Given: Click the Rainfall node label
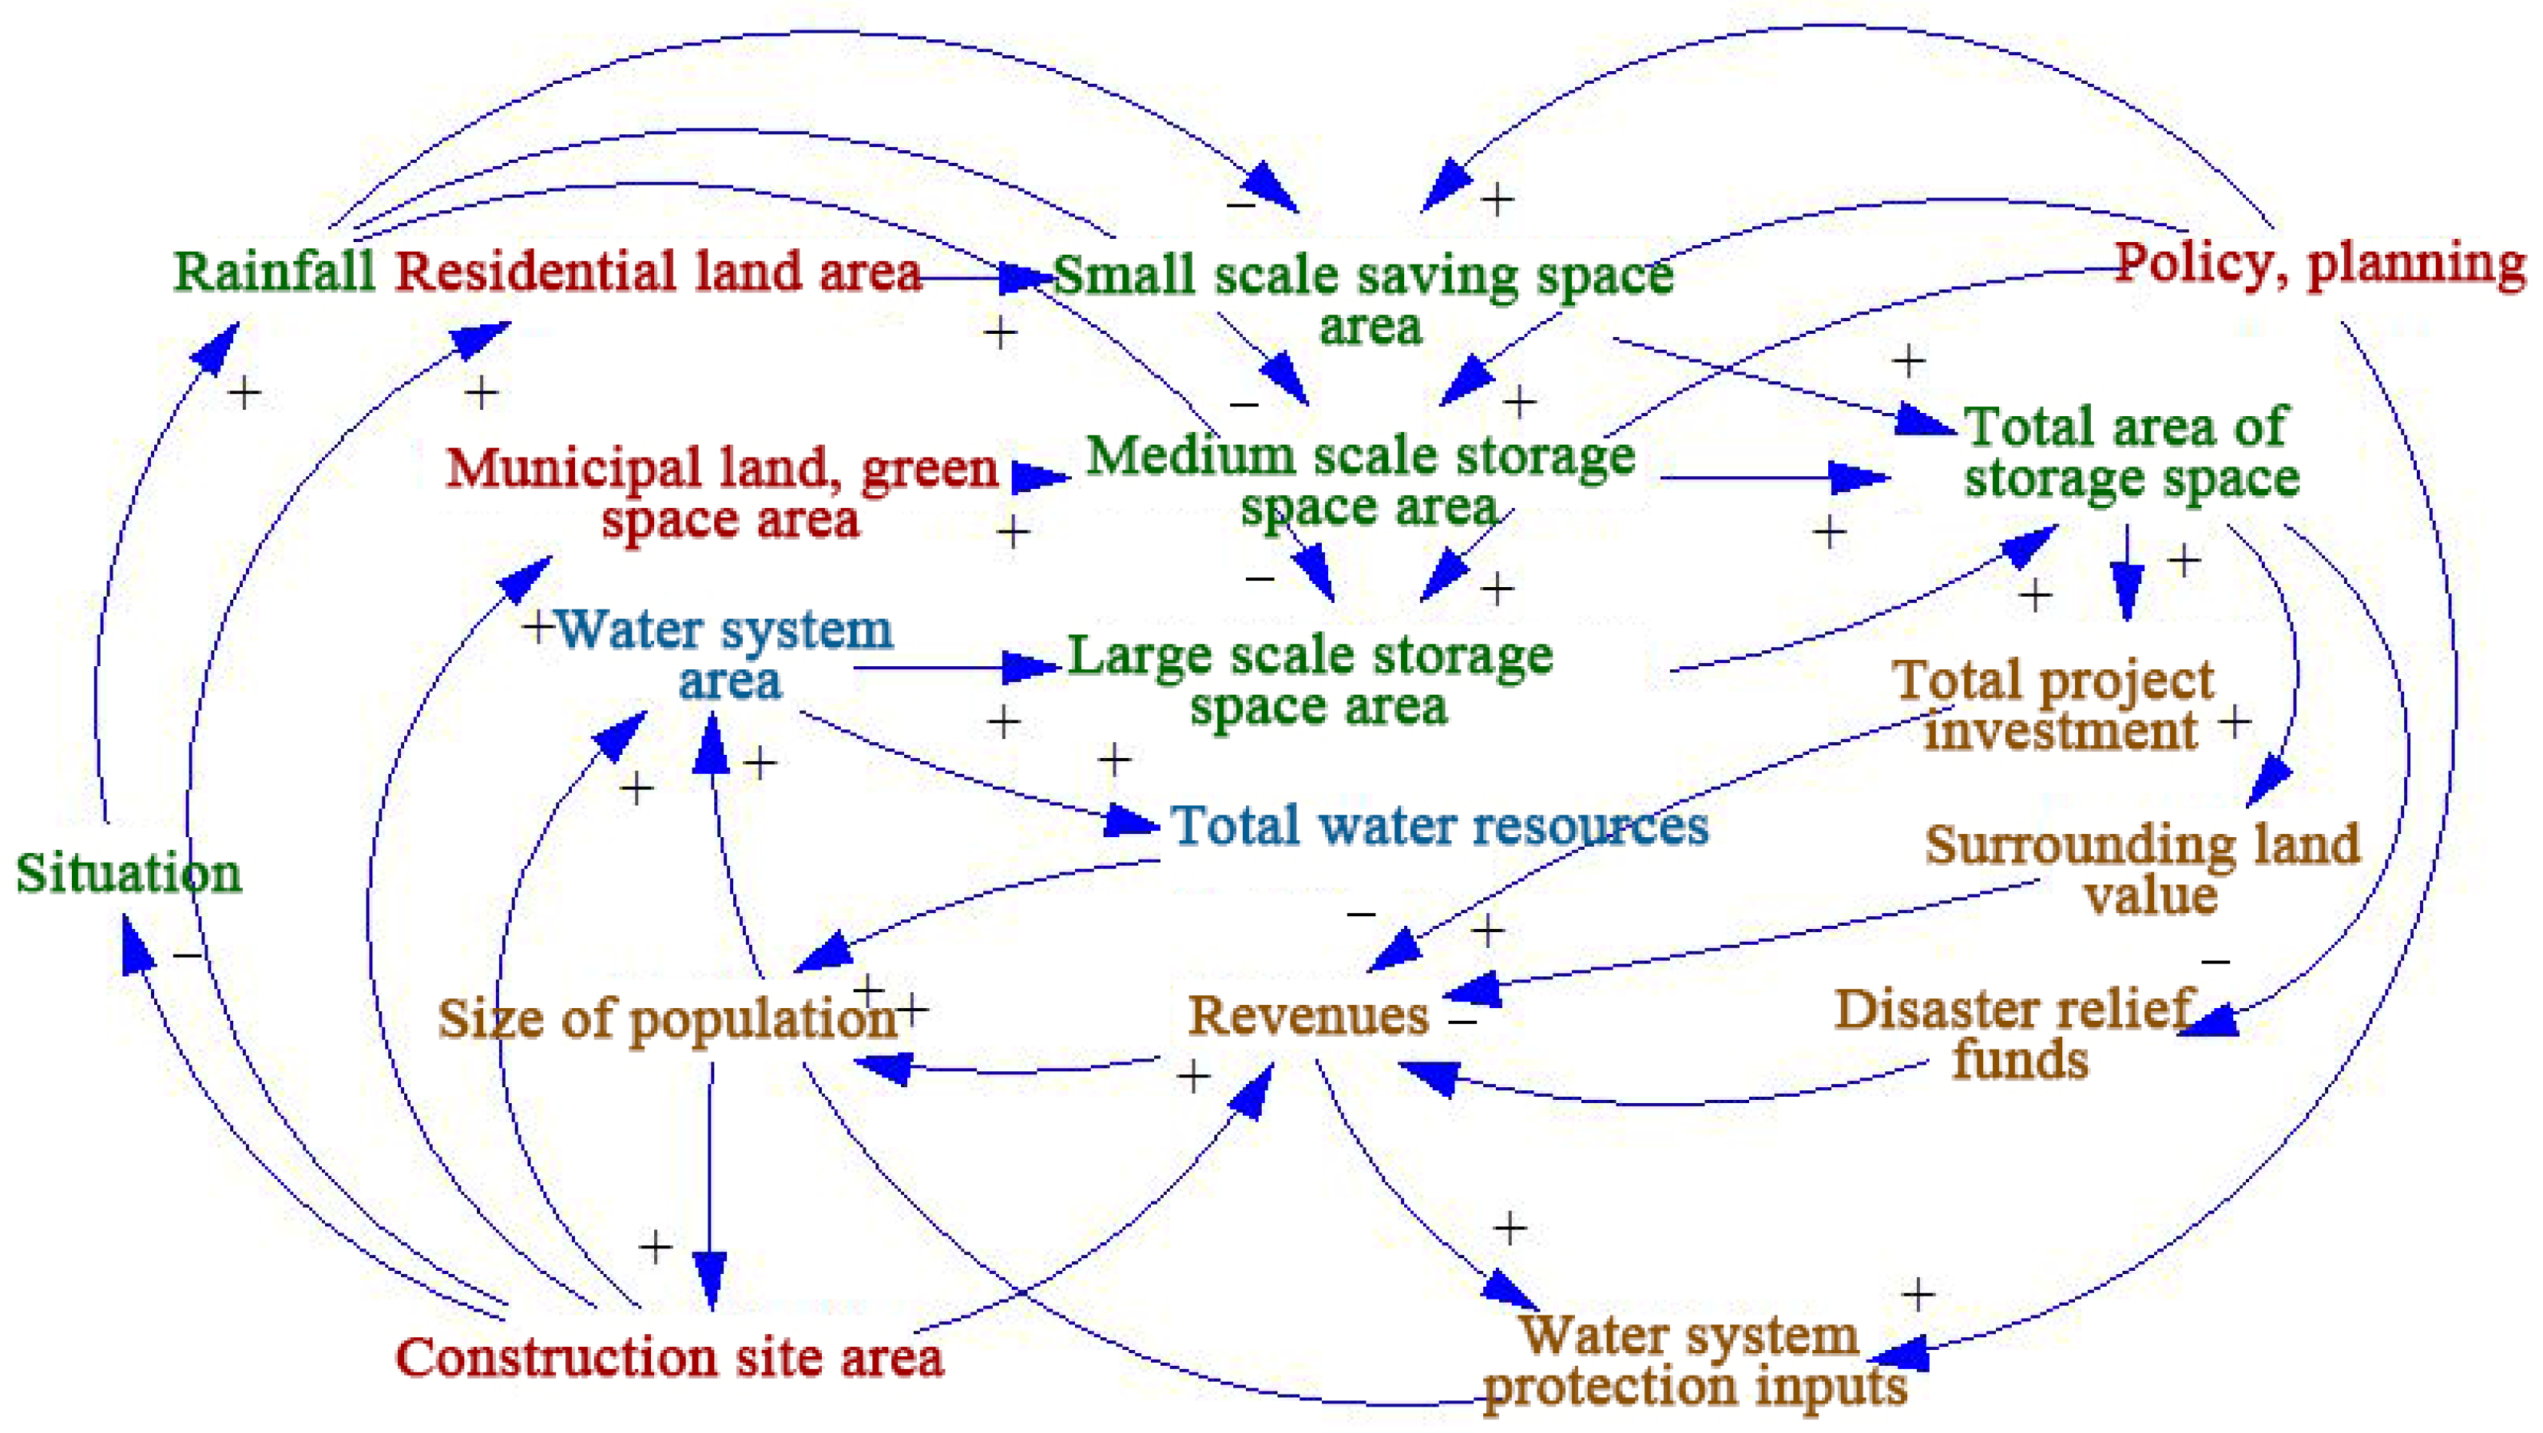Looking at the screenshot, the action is [275, 271].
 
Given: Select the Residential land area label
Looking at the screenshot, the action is [658, 271].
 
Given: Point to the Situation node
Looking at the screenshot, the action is [129, 873].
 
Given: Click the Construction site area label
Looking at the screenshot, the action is [669, 1357].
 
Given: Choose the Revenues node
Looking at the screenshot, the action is [1308, 1014].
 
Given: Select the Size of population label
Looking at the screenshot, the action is [668, 1018].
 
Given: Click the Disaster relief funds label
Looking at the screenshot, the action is [2013, 1034].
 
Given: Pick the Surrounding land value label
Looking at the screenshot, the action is [2142, 869].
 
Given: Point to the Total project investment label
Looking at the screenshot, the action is [2053, 705].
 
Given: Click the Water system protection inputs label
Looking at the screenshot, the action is [1695, 1360].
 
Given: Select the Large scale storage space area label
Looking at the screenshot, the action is [1311, 680].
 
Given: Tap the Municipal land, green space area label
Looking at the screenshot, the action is [723, 493].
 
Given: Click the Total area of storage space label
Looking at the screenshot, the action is [2132, 452].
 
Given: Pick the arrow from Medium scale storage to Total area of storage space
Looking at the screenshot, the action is [1775, 478].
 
